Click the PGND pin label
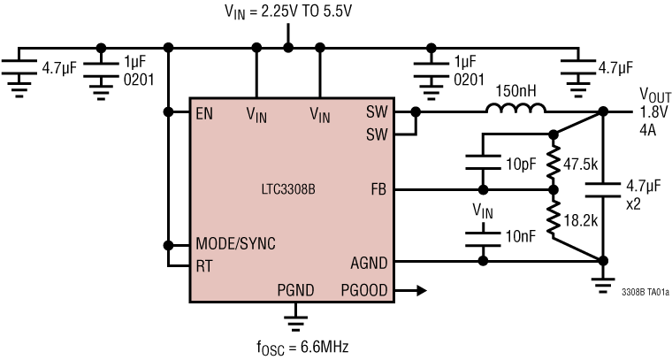pos(295,289)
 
